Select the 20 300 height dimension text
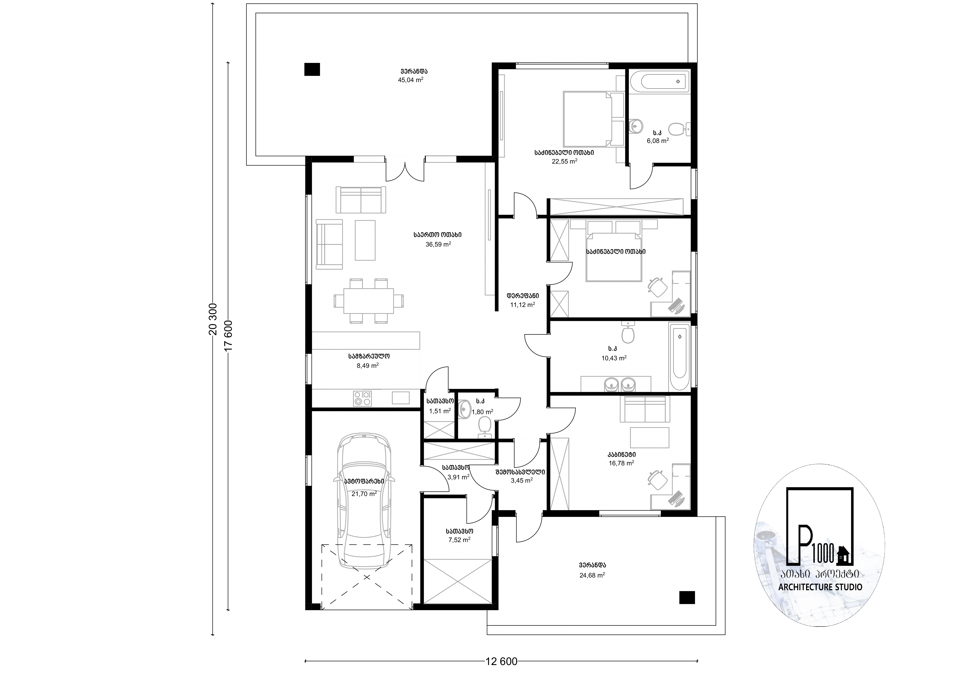point(213,319)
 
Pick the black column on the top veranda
point(312,69)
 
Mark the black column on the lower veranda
point(687,597)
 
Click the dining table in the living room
point(369,301)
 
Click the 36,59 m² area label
point(438,244)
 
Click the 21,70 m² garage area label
point(364,494)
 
